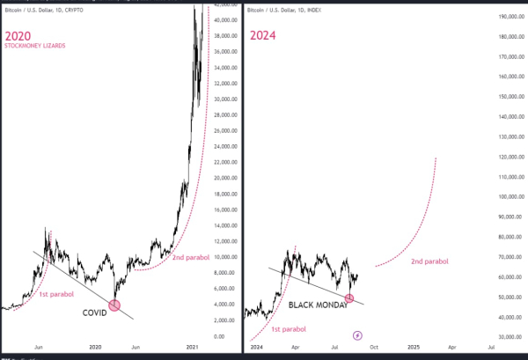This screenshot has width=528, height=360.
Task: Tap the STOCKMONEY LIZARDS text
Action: (x=35, y=46)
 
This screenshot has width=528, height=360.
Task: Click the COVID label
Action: (x=96, y=312)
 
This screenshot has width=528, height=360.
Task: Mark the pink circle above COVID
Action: (x=114, y=305)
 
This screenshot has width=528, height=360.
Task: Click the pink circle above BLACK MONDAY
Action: (x=349, y=298)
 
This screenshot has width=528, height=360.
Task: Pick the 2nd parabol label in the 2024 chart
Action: (x=429, y=261)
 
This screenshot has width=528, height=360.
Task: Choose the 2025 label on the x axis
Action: (x=414, y=348)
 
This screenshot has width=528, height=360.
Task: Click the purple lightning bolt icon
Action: (x=357, y=335)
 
